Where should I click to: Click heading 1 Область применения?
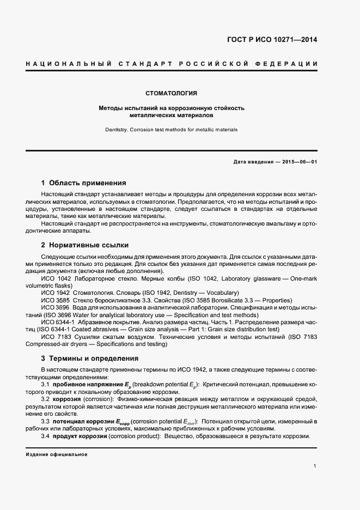click(x=84, y=183)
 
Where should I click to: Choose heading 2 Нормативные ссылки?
click(x=85, y=245)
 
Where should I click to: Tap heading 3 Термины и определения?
click(x=90, y=359)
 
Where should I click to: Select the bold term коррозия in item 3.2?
click(x=67, y=399)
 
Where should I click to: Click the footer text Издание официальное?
click(x=57, y=454)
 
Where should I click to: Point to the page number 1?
click(x=316, y=466)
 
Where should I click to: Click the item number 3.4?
click(x=46, y=436)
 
